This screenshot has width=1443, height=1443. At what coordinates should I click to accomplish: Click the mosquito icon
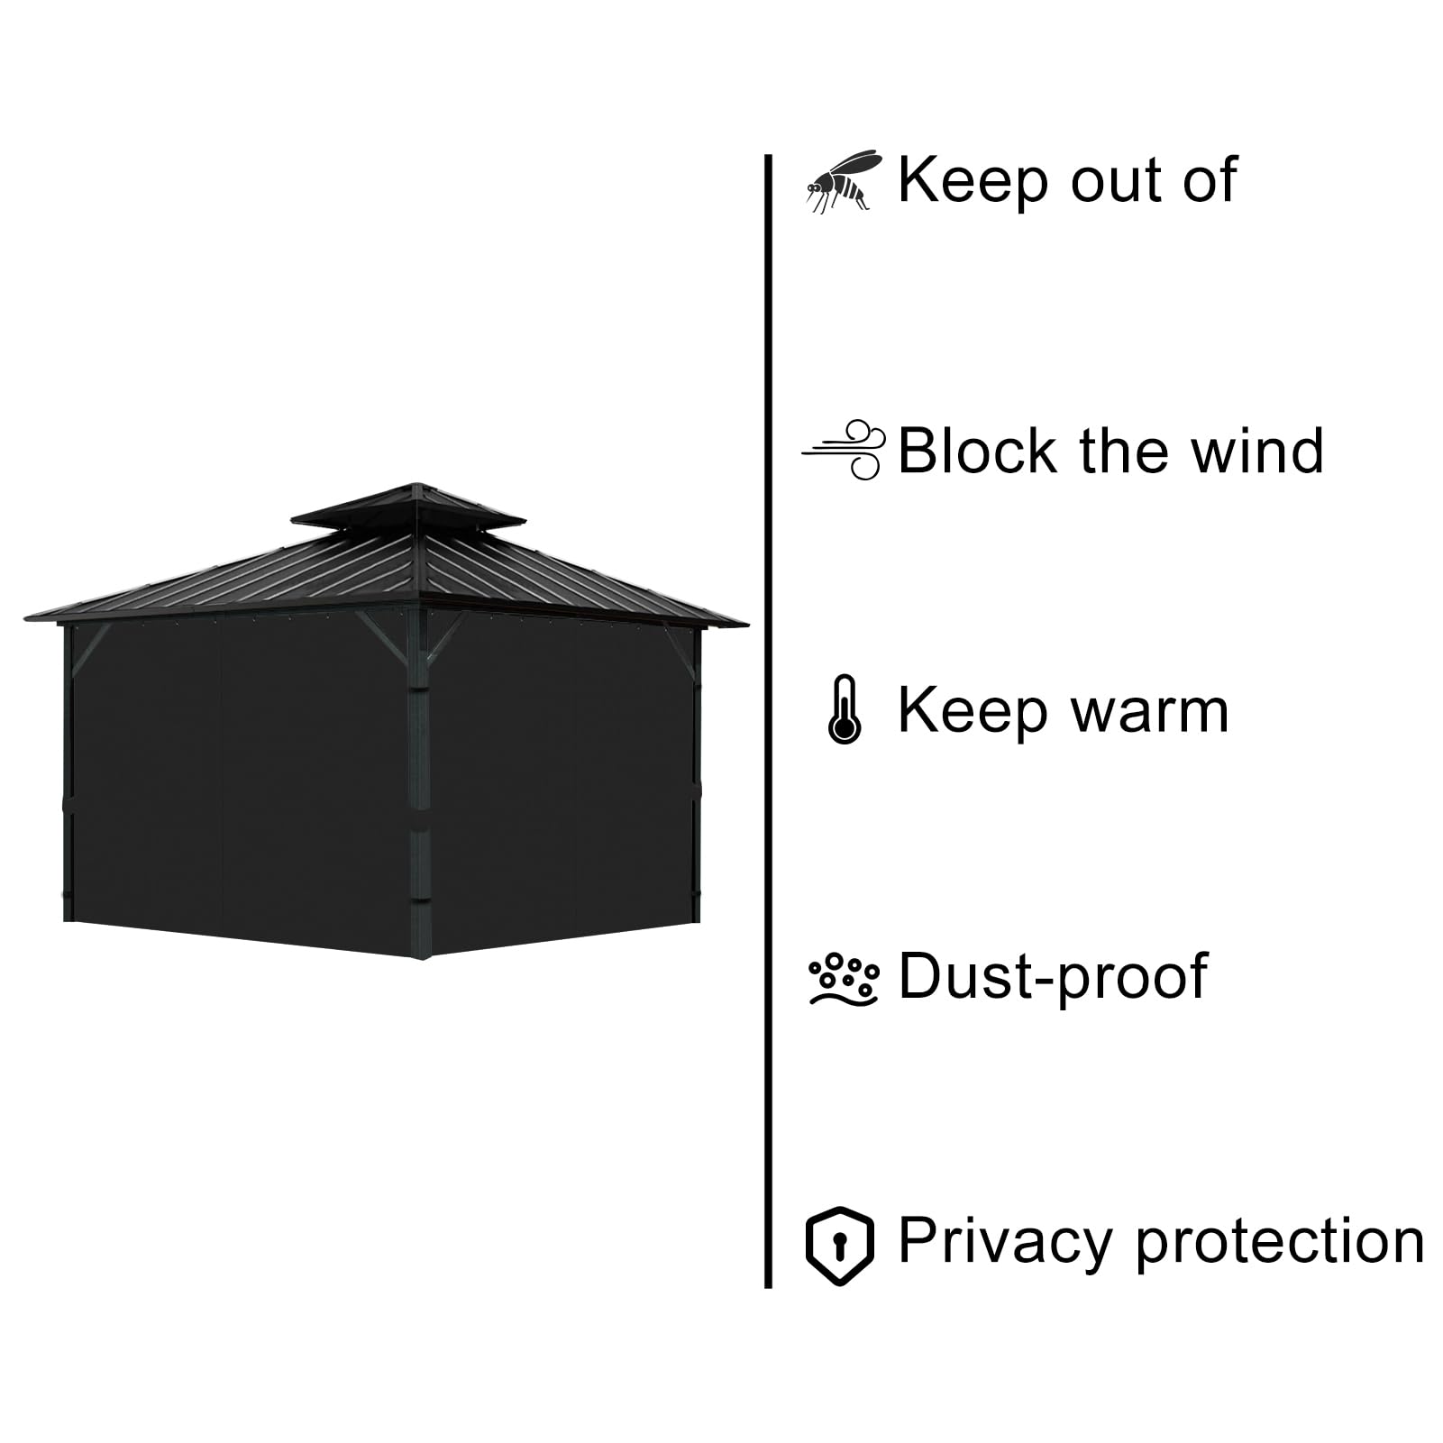point(841,181)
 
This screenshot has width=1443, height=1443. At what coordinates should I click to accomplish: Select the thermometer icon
point(844,709)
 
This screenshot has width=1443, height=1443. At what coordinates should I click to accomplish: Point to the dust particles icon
point(843,978)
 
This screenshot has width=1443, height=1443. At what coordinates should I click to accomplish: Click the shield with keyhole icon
point(839,1245)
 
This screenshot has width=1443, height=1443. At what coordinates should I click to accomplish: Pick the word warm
point(1149,713)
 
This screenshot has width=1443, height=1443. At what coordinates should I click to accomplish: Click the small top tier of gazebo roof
point(408,508)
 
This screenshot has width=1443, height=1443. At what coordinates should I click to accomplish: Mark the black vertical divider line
point(768,721)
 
